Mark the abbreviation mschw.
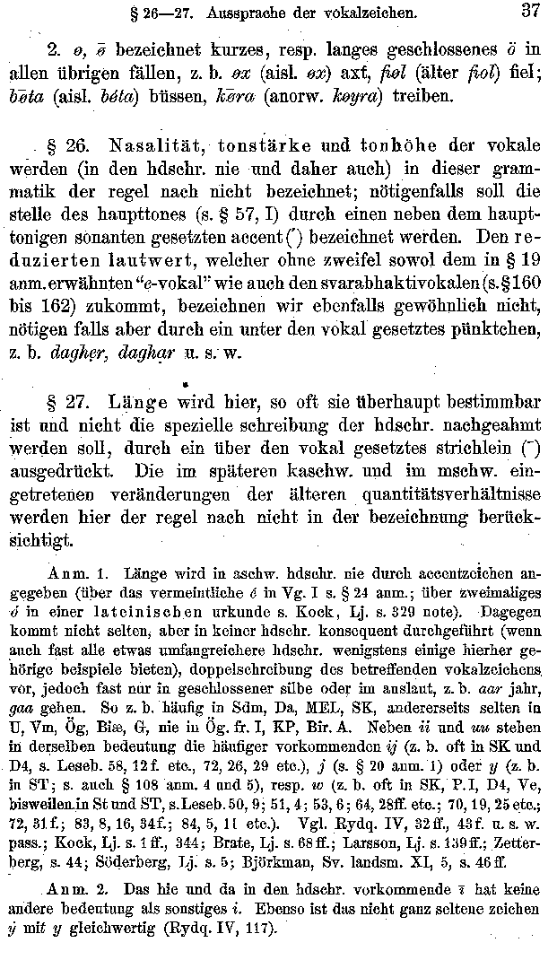click(438, 471)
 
